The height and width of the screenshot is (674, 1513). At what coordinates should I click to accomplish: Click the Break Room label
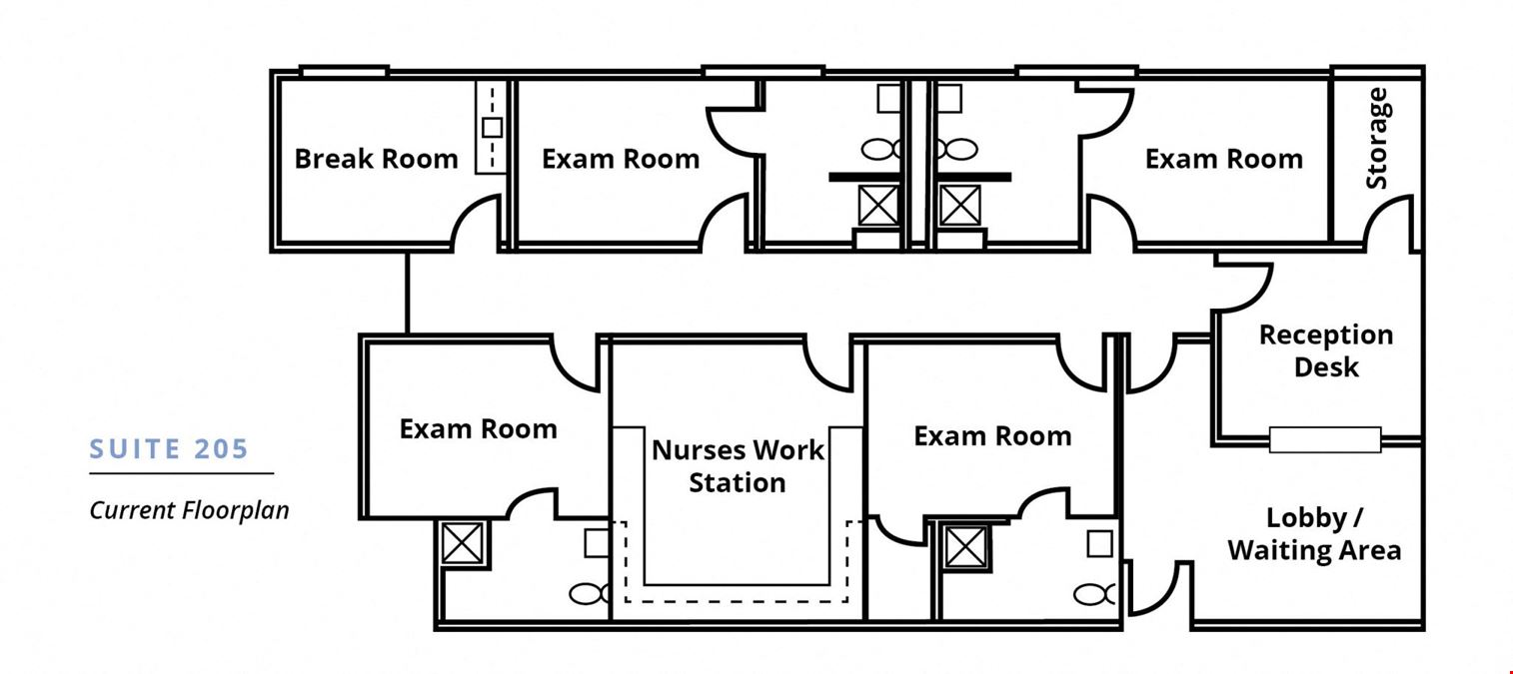point(376,159)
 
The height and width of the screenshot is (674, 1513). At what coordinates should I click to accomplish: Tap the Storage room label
point(1376,139)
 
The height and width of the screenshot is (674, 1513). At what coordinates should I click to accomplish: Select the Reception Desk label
point(1326,350)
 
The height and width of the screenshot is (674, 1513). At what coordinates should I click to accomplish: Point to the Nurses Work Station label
point(737,466)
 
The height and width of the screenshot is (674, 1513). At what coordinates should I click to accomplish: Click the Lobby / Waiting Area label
point(1314,533)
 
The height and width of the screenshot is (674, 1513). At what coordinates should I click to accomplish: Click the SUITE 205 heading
point(169,448)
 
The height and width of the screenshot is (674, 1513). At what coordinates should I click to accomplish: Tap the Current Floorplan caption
point(189,510)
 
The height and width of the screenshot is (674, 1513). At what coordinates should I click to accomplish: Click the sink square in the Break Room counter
point(493,127)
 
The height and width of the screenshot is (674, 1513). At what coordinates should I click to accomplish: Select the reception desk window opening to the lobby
point(1325,440)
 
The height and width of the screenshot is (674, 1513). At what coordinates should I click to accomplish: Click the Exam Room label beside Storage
point(1224,159)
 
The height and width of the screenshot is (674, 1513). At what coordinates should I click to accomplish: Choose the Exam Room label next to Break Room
point(621,159)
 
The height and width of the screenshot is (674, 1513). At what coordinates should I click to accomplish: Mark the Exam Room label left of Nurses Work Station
point(479,429)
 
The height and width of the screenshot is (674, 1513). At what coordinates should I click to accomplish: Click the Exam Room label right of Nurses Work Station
point(993,436)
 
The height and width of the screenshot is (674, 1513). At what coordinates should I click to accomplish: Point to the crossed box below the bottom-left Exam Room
point(463,543)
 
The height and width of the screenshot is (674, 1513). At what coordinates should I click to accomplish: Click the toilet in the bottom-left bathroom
point(590,594)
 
